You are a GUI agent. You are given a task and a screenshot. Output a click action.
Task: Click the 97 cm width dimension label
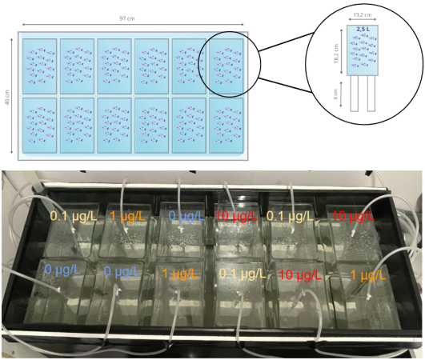[127, 18]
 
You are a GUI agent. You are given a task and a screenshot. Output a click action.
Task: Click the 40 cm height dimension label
[7, 98]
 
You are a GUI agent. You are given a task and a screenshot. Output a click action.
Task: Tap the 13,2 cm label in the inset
[363, 15]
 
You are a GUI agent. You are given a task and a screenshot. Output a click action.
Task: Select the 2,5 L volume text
[363, 30]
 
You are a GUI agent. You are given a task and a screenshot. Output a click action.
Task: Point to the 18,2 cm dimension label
[336, 54]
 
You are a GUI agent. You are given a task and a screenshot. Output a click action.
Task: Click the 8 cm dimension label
[335, 94]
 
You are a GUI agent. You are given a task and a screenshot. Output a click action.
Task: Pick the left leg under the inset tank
[355, 94]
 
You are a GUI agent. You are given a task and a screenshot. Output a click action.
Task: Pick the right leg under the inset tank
[371, 94]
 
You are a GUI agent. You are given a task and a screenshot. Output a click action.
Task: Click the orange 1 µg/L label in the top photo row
[128, 217]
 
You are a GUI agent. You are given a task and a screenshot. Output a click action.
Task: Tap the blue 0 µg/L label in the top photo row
[186, 217]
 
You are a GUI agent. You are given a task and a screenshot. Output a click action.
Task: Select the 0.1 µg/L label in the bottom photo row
[243, 274]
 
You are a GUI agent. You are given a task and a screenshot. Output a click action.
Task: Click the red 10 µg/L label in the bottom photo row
[300, 275]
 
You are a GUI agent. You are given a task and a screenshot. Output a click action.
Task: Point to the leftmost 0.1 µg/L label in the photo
[74, 217]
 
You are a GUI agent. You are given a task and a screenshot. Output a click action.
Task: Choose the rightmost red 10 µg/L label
[353, 217]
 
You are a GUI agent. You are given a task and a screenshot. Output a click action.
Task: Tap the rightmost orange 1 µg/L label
[368, 275]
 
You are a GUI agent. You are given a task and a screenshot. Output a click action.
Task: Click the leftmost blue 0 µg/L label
[62, 270]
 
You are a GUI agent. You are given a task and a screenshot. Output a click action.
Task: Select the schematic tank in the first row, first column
[39, 66]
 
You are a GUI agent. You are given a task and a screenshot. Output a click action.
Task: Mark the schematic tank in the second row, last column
[227, 126]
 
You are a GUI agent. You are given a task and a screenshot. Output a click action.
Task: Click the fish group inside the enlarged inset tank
[363, 51]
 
